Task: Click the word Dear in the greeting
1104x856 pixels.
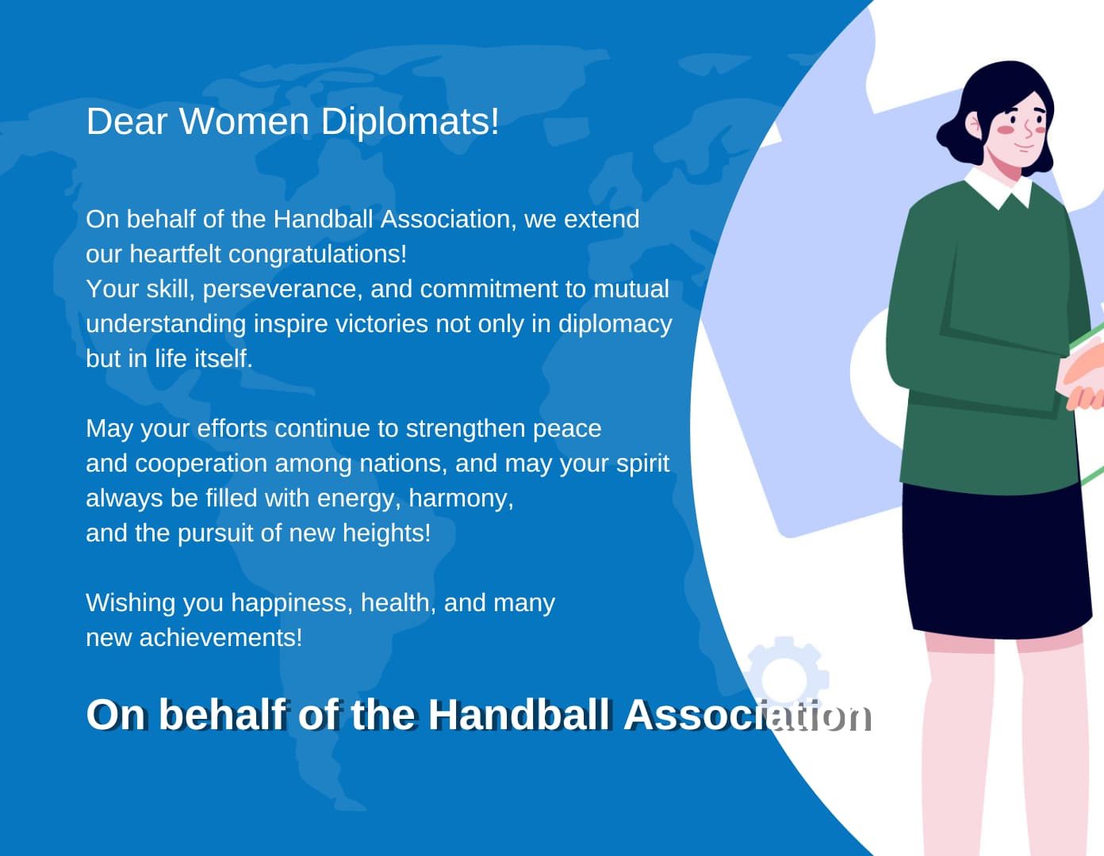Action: pos(127,121)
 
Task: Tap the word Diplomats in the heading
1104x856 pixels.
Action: pos(409,122)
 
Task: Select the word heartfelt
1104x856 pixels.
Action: pos(174,254)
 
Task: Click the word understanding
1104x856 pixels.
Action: pos(166,324)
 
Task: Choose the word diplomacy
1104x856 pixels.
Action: pos(615,324)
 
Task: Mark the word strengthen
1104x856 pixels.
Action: pos(465,429)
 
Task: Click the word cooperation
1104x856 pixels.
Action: pos(201,464)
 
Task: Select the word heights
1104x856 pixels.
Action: pos(386,533)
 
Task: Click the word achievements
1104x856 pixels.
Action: pos(221,638)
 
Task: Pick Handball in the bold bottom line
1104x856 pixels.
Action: pos(519,715)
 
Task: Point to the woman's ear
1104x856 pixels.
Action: pos(973,125)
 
